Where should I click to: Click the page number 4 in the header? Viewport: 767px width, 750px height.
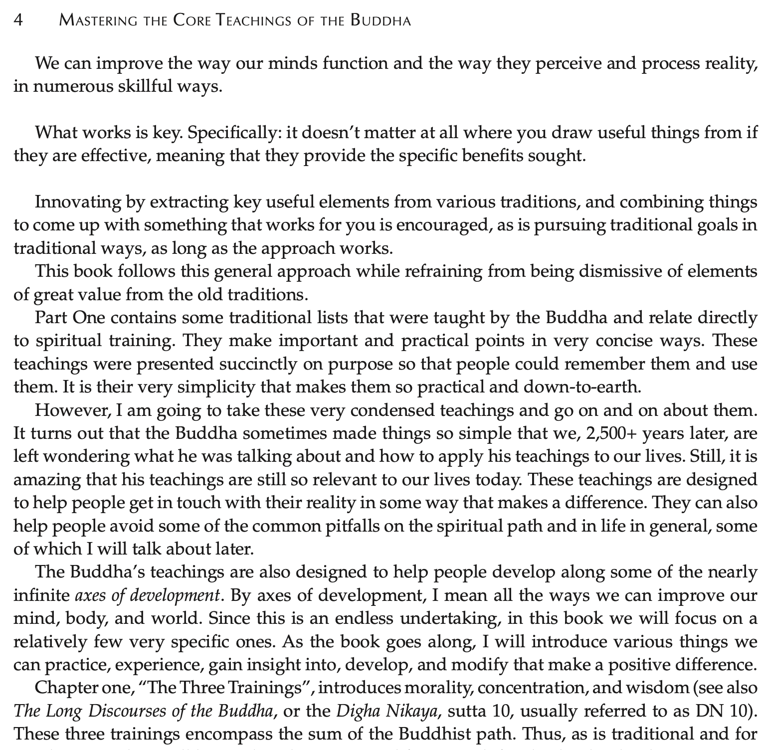tap(18, 20)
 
